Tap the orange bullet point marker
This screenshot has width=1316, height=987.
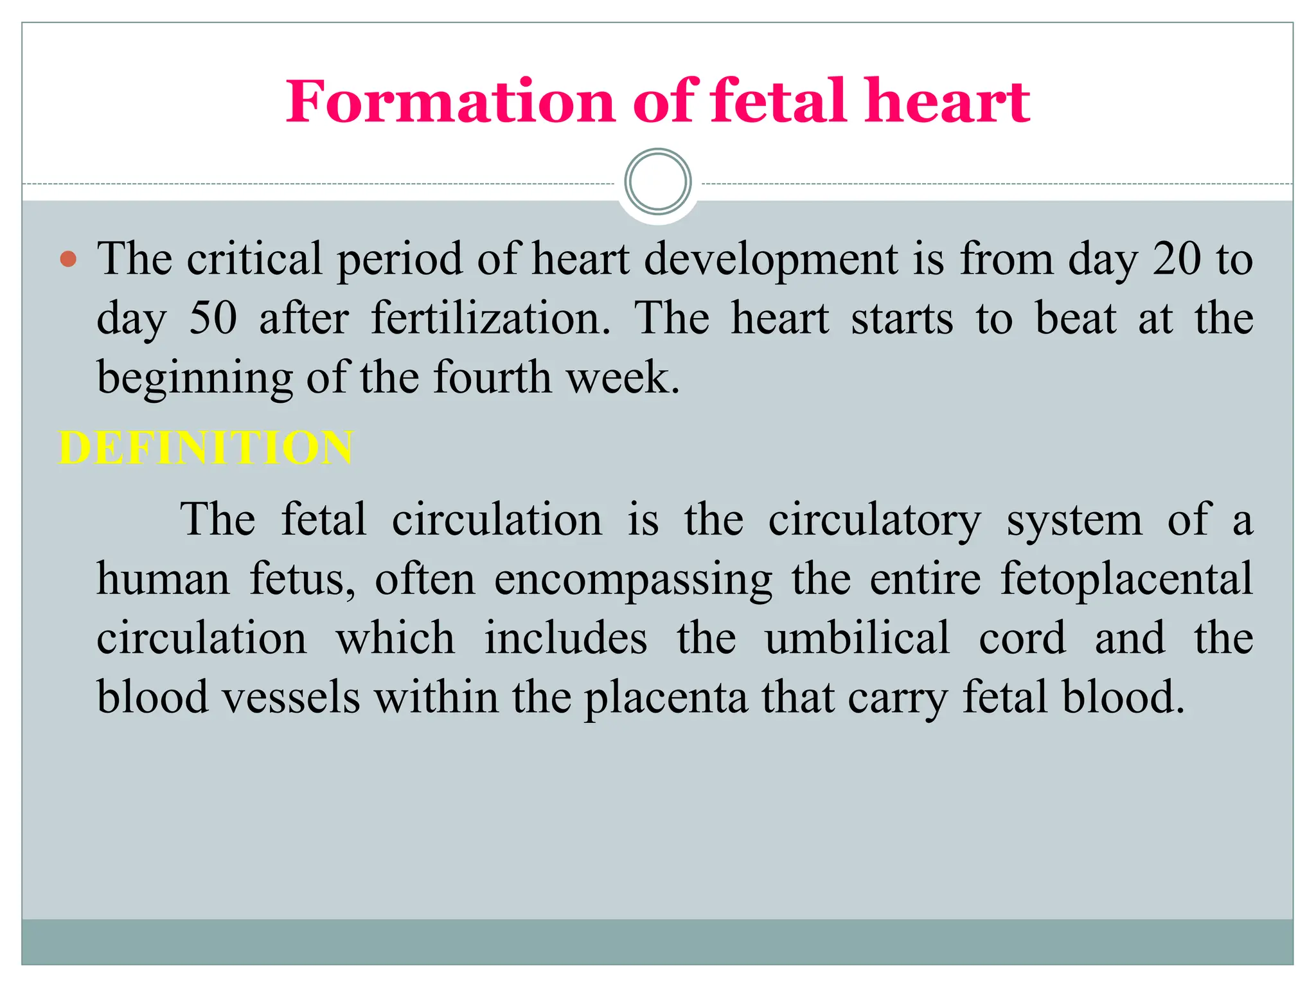[68, 260]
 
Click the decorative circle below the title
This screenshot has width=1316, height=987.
[657, 182]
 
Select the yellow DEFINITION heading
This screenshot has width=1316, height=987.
[206, 448]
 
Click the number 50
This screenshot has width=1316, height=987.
[213, 319]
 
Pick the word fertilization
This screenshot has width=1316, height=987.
[491, 319]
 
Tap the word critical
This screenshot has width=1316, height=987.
[254, 260]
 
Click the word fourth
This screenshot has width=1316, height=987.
[492, 378]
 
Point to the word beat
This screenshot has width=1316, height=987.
[1075, 319]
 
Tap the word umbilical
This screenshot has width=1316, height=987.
[857, 639]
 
